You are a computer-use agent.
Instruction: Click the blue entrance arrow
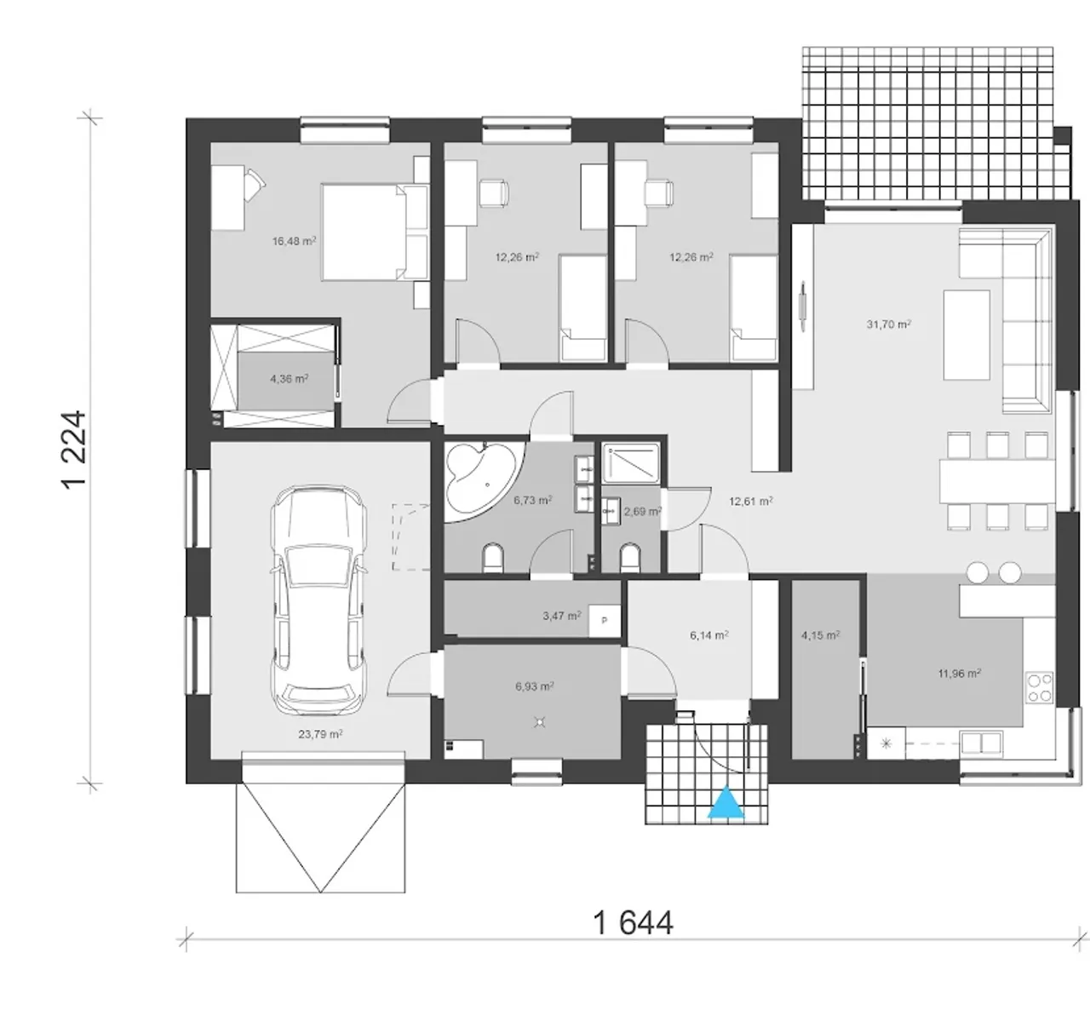pos(726,802)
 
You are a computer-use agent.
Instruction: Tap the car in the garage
pos(318,600)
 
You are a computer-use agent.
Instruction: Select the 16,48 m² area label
pos(294,241)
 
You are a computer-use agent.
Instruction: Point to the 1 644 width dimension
pos(633,923)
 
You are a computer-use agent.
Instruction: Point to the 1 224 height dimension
pos(75,450)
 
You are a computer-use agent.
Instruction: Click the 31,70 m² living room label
pos(888,324)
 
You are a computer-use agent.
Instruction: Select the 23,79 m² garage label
pos(320,734)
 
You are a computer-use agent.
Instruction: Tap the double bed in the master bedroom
pos(375,232)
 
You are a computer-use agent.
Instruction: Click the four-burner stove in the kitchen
pos(1040,688)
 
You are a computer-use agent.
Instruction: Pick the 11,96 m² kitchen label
pos(960,673)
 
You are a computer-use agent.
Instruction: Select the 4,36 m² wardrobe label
pos(290,379)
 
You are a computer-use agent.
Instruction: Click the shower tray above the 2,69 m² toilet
pos(631,463)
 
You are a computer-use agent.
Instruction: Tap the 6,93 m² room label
pos(535,686)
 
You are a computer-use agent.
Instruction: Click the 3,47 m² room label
pos(562,616)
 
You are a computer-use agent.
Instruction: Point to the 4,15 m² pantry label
pos(821,635)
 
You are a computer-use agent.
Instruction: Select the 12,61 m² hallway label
pos(751,501)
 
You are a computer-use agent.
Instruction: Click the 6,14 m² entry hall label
pos(709,635)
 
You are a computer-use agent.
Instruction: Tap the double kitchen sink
pos(981,743)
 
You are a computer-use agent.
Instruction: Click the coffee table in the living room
pos(967,335)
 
